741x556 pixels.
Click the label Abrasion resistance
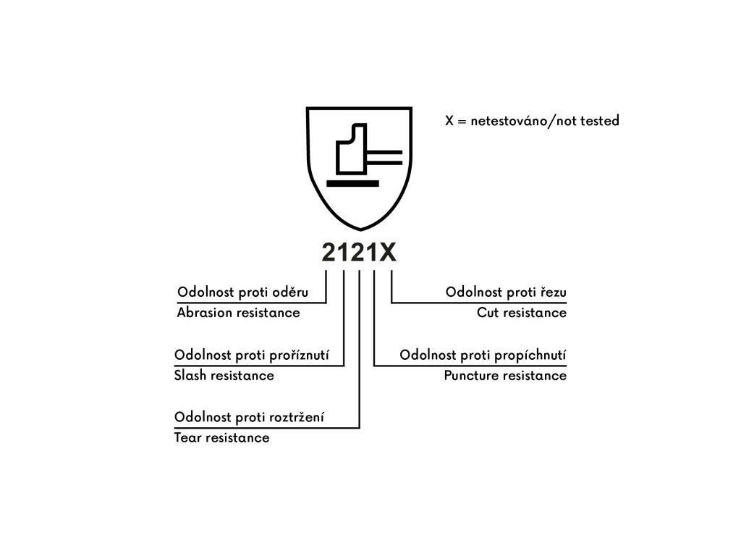click(238, 313)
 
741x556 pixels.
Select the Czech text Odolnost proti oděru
click(242, 292)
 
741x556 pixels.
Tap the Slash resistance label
click(224, 375)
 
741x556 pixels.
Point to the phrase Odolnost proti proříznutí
click(252, 355)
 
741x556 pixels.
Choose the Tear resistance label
click(221, 437)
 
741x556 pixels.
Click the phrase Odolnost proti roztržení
click(249, 418)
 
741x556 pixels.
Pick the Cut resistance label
click(521, 313)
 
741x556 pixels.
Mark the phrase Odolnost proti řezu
click(506, 292)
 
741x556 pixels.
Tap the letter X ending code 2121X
click(388, 253)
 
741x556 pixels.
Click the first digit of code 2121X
click(329, 253)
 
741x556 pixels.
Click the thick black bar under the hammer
click(352, 184)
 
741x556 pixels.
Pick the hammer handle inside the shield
click(385, 157)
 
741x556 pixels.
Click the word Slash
click(190, 375)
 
